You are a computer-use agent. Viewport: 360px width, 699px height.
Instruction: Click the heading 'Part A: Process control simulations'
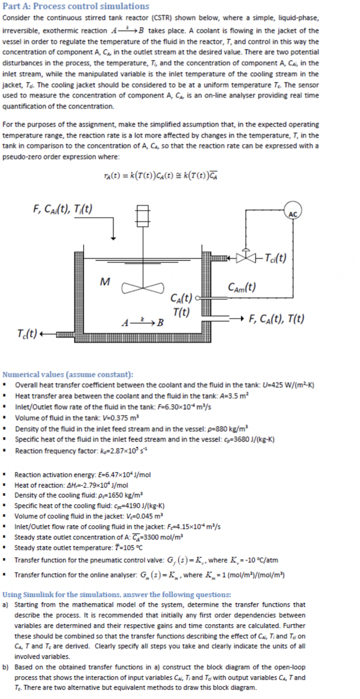click(76, 6)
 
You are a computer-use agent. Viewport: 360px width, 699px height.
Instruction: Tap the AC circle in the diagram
click(293, 213)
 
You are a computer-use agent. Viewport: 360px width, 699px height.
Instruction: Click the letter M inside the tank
click(104, 282)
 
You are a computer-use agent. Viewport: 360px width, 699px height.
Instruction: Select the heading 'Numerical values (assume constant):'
click(68, 374)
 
